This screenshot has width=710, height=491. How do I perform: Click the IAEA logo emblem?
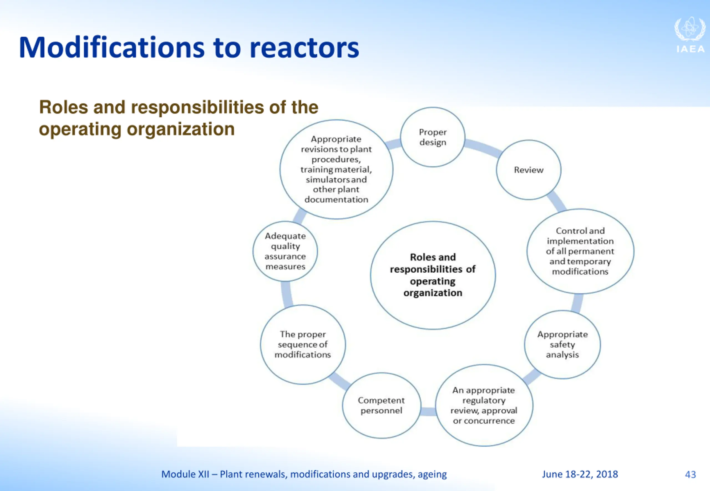tap(690, 29)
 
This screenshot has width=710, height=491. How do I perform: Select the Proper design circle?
tap(433, 137)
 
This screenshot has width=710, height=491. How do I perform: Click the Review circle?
tap(528, 170)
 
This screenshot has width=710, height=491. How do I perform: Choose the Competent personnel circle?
tap(381, 405)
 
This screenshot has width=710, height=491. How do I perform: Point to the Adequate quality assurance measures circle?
tap(285, 251)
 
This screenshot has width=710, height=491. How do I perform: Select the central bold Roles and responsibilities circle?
tap(433, 275)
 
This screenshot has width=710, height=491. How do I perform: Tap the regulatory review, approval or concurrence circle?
tap(484, 405)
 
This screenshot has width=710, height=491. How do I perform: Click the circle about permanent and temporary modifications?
tap(580, 251)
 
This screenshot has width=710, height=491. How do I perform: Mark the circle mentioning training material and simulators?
tap(336, 169)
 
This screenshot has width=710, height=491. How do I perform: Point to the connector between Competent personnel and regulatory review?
tap(428, 411)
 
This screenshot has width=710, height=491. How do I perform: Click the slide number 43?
tap(690, 474)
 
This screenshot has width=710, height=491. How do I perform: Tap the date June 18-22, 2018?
tap(580, 474)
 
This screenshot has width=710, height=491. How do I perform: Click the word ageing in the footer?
tap(432, 474)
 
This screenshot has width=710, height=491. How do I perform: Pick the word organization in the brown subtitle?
tap(181, 129)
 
